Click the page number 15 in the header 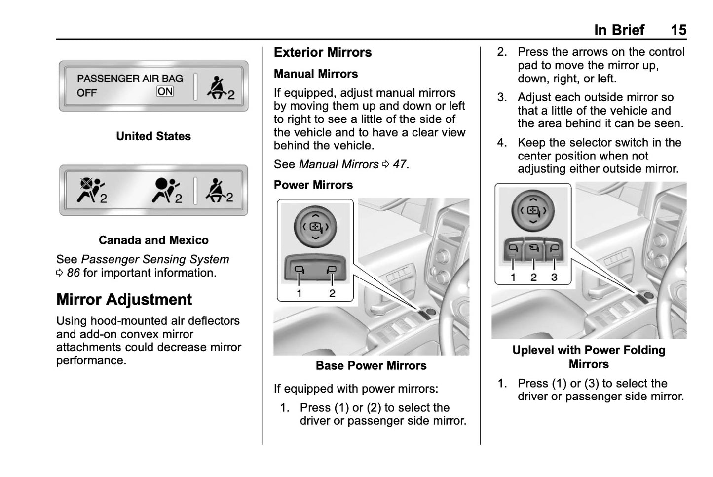pos(678,30)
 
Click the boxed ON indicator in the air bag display pos(165,91)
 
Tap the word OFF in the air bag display pos(87,93)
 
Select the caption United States pos(153,136)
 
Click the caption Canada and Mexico pos(153,240)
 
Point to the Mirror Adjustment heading pos(124,300)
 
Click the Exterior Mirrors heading pos(323,52)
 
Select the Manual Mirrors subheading pos(316,74)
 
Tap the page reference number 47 pos(400,164)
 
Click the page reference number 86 pos(73,273)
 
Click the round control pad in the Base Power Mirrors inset pos(315,227)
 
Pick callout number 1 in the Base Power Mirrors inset pos(299,293)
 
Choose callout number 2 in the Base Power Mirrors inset pos(332,293)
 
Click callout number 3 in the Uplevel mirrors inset pos(554,278)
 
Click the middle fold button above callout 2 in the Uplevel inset pos(533,248)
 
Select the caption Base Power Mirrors pos(371,366)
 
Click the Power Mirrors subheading pos(313,185)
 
